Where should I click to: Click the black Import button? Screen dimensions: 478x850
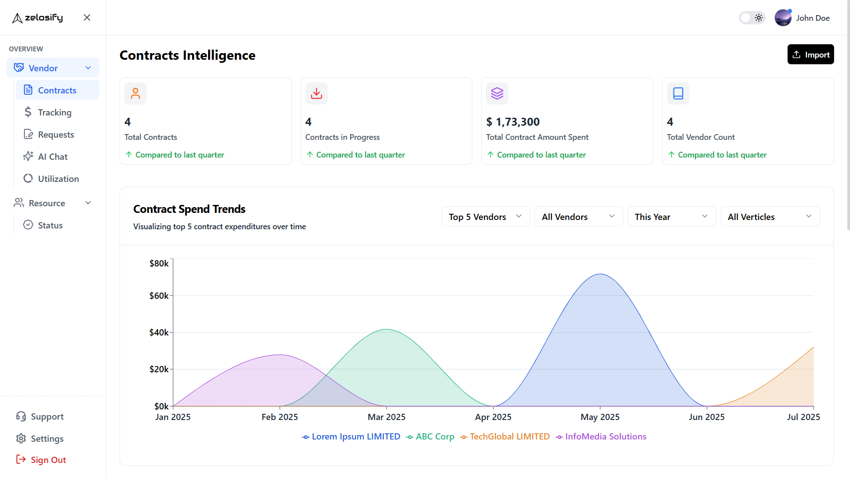point(810,54)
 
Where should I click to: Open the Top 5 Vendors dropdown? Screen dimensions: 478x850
point(486,216)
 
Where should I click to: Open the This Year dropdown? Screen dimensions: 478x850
point(671,216)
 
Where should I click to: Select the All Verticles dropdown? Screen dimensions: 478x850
point(770,216)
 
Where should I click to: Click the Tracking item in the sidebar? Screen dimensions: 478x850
point(54,112)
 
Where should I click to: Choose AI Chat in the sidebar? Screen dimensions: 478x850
point(52,157)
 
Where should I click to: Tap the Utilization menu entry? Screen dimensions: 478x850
point(58,179)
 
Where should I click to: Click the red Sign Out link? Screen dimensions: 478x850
point(48,460)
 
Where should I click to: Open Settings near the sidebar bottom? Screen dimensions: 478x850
point(47,439)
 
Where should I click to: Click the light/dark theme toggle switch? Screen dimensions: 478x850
point(752,18)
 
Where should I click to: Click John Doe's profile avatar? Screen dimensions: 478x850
point(783,18)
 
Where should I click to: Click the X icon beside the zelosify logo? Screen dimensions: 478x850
point(87,18)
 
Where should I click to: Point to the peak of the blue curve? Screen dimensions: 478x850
point(600,274)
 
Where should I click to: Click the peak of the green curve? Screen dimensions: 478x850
point(386,329)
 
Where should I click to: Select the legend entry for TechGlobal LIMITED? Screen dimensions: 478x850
point(509,437)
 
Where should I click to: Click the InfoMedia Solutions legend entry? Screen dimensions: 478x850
point(605,437)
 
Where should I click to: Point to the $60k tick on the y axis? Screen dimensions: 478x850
point(159,296)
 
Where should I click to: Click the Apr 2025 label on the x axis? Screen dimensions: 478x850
point(493,417)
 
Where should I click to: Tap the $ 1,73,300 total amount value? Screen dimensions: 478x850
point(513,122)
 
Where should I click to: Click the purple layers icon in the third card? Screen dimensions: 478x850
point(497,93)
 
